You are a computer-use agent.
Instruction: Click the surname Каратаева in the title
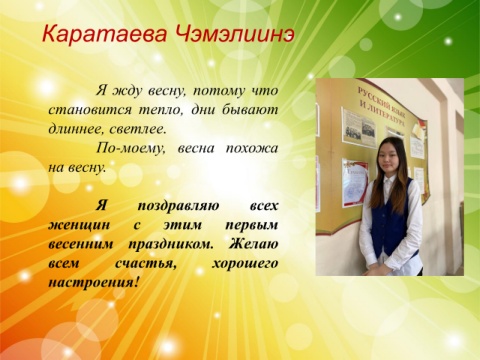coord(104,34)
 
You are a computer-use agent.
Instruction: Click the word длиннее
coord(71,129)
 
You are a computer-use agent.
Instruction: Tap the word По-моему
coord(131,148)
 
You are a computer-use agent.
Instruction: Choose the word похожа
coord(252,148)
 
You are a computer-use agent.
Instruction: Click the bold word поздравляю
coord(178,206)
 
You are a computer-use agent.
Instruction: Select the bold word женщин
coord(79,225)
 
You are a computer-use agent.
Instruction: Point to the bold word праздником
coord(171,245)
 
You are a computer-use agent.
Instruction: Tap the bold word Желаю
coord(253,244)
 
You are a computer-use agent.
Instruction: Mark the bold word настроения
coord(93,283)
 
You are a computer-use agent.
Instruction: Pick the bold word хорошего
coord(245,264)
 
